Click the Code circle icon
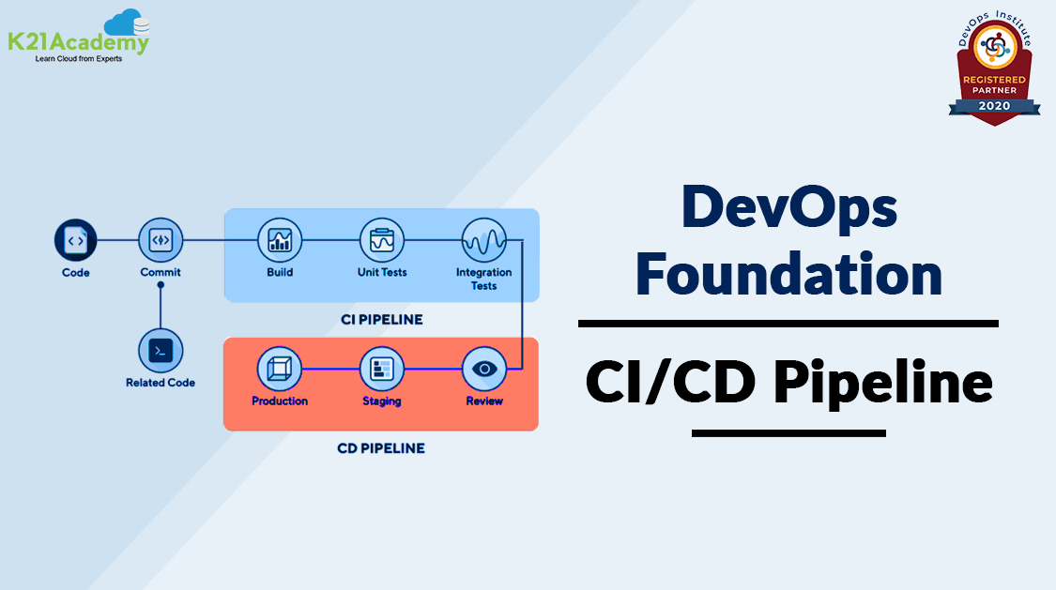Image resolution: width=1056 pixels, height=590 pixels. point(75,240)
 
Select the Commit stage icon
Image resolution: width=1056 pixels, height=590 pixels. point(161,240)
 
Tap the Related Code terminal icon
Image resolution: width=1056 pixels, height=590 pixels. point(161,351)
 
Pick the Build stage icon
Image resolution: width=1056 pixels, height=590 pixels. point(280,240)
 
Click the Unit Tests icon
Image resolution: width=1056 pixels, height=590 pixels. point(382,240)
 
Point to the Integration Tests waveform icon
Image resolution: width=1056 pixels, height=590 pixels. point(483,240)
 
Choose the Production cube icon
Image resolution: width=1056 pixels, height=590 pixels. point(280,369)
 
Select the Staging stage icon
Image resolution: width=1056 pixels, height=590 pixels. point(382,369)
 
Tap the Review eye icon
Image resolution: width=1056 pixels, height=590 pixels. point(484,369)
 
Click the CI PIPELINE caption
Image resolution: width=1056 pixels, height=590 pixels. point(382,320)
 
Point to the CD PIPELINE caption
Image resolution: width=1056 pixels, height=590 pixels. point(381,448)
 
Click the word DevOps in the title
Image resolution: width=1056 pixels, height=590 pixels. point(789,208)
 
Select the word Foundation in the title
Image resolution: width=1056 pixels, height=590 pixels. point(788,274)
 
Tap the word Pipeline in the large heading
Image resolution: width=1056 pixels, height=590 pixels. point(883,383)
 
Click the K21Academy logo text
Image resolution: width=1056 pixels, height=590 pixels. point(78,42)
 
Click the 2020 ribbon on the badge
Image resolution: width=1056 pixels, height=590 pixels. point(995,106)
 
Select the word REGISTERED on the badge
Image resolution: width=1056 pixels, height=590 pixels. point(995,80)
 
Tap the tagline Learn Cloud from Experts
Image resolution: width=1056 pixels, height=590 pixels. point(79,59)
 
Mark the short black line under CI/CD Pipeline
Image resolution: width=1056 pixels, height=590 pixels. point(788,433)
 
